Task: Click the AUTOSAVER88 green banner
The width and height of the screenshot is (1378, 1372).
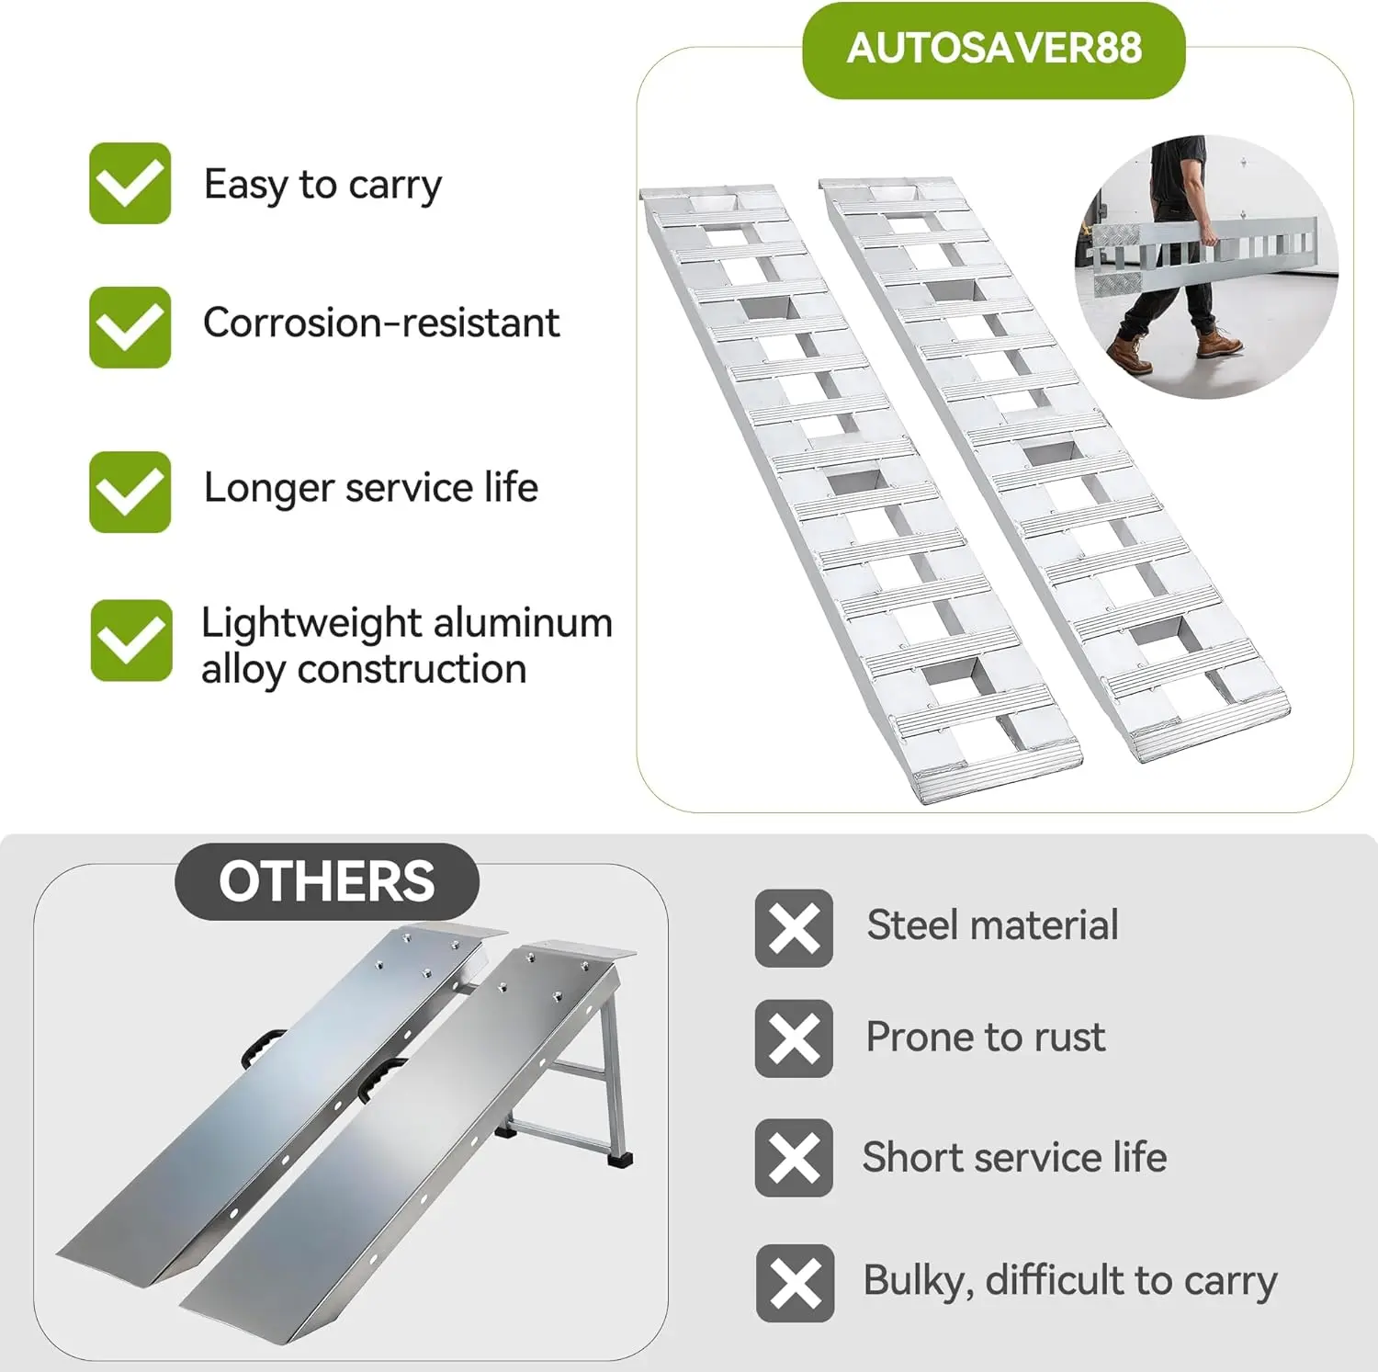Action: click(x=994, y=50)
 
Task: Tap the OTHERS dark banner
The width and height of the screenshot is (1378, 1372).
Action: click(x=327, y=881)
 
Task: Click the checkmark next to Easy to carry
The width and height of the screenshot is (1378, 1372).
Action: click(x=130, y=183)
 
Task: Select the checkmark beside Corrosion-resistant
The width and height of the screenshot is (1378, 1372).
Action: click(x=130, y=327)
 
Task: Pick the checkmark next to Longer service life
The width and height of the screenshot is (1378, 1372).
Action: click(x=130, y=492)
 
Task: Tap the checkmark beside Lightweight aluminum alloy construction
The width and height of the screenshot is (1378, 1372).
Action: click(x=131, y=641)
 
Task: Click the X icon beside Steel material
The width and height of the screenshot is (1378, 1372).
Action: click(x=794, y=928)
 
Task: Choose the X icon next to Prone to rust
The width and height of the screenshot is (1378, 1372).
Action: click(x=794, y=1038)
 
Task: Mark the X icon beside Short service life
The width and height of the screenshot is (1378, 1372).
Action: click(x=794, y=1158)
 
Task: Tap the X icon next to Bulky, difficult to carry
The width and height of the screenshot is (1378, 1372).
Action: click(x=796, y=1283)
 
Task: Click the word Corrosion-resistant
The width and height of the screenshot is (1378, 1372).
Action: click(x=381, y=323)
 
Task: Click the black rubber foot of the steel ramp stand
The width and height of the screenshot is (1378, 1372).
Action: click(x=624, y=1159)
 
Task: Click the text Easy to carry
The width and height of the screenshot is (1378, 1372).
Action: click(x=322, y=186)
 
